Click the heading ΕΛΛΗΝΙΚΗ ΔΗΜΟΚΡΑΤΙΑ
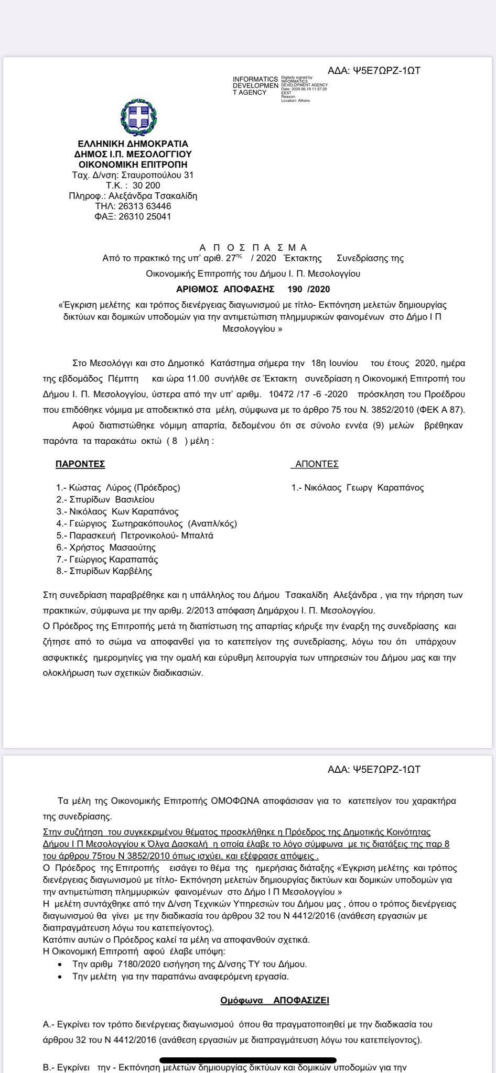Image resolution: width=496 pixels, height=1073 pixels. click(x=133, y=144)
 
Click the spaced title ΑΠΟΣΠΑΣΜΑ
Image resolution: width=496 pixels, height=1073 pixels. click(x=253, y=247)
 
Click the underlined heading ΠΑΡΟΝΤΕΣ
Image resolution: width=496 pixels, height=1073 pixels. click(x=80, y=464)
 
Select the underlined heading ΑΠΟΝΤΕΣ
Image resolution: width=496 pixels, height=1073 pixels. click(x=317, y=464)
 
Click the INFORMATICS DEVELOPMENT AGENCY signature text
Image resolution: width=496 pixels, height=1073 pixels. click(x=255, y=86)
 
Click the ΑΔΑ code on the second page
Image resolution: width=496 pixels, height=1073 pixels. click(x=374, y=770)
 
